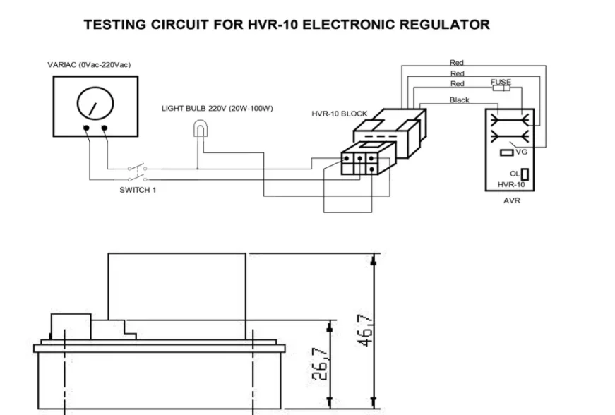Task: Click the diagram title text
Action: pos(286,25)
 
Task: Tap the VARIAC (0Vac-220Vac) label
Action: pos(89,65)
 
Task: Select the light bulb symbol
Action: pos(201,128)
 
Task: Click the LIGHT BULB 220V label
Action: pos(217,109)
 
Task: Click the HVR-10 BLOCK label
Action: pos(339,114)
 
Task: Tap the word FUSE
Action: pos(501,82)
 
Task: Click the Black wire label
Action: pos(460,100)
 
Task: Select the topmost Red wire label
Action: pos(457,63)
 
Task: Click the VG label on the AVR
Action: pos(522,152)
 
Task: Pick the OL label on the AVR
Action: pos(514,174)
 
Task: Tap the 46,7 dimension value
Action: pos(366,331)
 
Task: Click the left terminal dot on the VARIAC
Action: pos(85,128)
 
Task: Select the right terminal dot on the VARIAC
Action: pos(105,128)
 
